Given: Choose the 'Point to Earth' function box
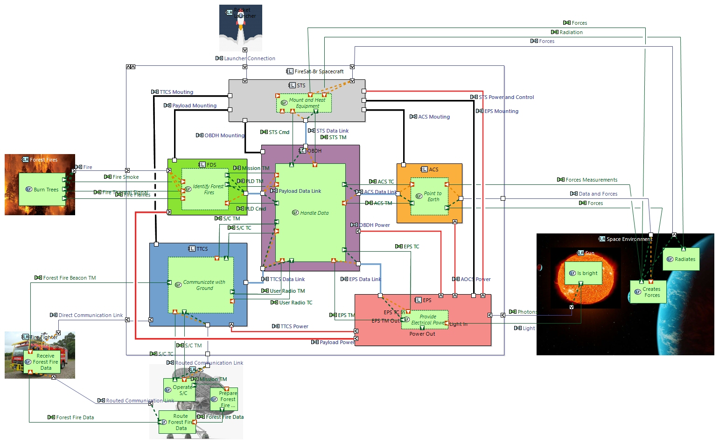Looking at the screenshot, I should [x=429, y=197].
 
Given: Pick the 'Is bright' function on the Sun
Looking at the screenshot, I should [x=583, y=273].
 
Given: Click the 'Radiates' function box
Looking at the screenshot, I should [x=681, y=259].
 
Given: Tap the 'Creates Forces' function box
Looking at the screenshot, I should [x=648, y=292].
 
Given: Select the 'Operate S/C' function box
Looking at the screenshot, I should [x=179, y=390].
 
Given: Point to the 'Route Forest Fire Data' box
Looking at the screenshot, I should [x=177, y=422].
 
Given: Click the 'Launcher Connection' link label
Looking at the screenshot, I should [x=249, y=58].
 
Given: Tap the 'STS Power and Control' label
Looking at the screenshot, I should [x=506, y=97].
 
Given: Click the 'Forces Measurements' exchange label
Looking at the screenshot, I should [x=591, y=180].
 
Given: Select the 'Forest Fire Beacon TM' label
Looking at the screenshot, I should [x=69, y=278].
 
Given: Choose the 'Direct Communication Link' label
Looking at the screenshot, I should [x=91, y=315].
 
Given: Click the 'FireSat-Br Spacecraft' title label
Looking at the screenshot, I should [x=319, y=71].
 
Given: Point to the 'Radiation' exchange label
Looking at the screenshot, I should [x=571, y=32].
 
